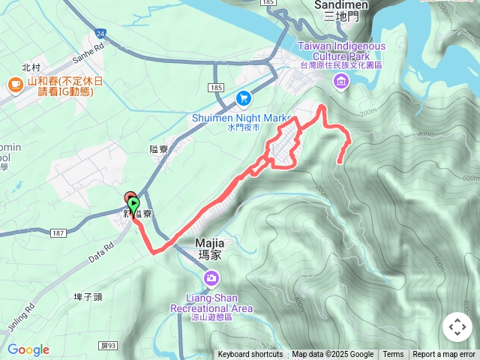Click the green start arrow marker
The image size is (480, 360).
[x=133, y=204]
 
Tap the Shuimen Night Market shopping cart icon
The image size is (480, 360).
[x=243, y=98]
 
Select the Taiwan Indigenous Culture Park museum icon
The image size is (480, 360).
[x=342, y=81]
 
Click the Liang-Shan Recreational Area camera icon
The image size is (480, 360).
[x=211, y=280]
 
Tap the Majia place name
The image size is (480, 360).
[x=211, y=248]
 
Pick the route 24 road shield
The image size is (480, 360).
[x=100, y=34]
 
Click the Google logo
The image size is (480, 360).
[x=28, y=349]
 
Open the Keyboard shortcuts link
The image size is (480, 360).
[x=250, y=355]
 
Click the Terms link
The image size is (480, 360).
[x=393, y=355]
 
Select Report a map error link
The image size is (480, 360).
[x=444, y=355]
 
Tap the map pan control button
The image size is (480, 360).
[x=457, y=327]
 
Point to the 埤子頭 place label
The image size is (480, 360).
[x=88, y=297]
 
